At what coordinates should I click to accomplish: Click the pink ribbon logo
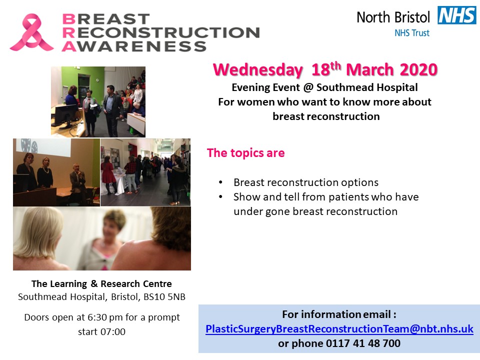coord(31,32)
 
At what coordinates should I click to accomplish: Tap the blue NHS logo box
coord(456,15)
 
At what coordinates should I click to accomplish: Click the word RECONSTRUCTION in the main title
coord(161,33)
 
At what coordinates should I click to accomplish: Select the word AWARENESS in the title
coord(134,46)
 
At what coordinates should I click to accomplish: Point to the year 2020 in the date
coord(418,69)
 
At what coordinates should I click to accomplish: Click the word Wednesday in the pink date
coord(258,70)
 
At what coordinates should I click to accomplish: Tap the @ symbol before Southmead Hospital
coord(308,87)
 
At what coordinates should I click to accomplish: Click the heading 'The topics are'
coord(246,153)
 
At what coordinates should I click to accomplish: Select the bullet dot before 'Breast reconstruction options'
coord(220,182)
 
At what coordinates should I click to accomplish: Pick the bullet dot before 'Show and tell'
coord(220,197)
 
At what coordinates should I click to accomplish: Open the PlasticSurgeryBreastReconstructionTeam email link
coord(339,329)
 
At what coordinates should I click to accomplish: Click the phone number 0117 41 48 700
coord(363,343)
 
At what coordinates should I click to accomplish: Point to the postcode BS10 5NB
coord(164,296)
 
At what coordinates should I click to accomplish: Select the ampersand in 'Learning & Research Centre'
coord(94,283)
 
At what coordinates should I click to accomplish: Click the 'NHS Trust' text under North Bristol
coord(411,33)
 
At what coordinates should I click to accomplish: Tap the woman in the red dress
coord(108,174)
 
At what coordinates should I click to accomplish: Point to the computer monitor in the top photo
coord(64,114)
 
